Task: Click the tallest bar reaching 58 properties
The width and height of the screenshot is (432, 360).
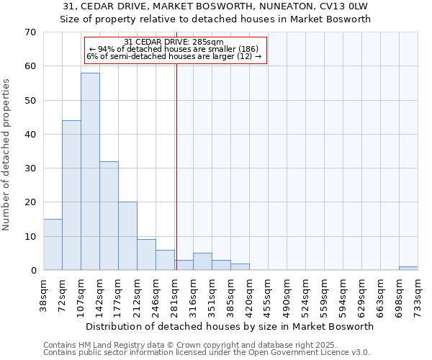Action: click(90, 171)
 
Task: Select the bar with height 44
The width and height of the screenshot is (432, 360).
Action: click(71, 195)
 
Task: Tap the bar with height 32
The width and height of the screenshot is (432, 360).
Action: click(109, 215)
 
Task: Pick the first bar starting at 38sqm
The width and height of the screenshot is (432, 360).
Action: click(53, 244)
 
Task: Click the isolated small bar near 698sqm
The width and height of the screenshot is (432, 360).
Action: click(408, 268)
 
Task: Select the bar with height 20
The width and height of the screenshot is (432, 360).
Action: click(127, 235)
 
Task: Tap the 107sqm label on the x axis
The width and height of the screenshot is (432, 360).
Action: click(81, 297)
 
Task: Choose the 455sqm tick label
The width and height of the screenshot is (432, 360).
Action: click(268, 297)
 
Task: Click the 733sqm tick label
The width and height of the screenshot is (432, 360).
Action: click(418, 297)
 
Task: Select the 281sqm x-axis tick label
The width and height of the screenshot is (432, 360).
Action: click(174, 297)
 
